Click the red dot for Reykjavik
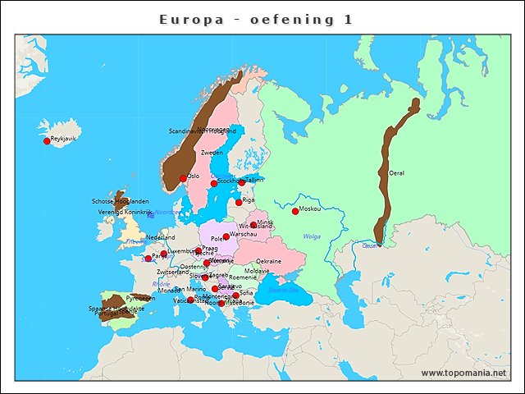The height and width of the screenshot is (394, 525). pyautogui.click(x=47, y=141)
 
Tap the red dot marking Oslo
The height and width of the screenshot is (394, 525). pyautogui.click(x=184, y=178)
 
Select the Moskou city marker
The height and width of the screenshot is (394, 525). pyautogui.click(x=295, y=211)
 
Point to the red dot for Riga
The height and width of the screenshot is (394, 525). pyautogui.click(x=239, y=202)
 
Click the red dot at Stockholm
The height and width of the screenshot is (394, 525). pyautogui.click(x=214, y=183)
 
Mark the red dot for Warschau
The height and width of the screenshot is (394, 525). pyautogui.click(x=226, y=236)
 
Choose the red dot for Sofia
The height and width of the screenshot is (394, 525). pyautogui.click(x=236, y=295)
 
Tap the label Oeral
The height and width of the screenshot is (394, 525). pyautogui.click(x=397, y=173)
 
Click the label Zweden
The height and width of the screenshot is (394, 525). pyautogui.click(x=212, y=153)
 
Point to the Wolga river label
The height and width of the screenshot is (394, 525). pyautogui.click(x=312, y=236)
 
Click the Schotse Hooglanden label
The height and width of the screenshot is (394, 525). pyautogui.click(x=120, y=201)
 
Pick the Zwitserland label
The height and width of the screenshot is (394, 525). pyautogui.click(x=172, y=272)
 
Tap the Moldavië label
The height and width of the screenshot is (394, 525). pyautogui.click(x=257, y=270)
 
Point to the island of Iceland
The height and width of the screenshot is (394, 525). pyautogui.click(x=64, y=131)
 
